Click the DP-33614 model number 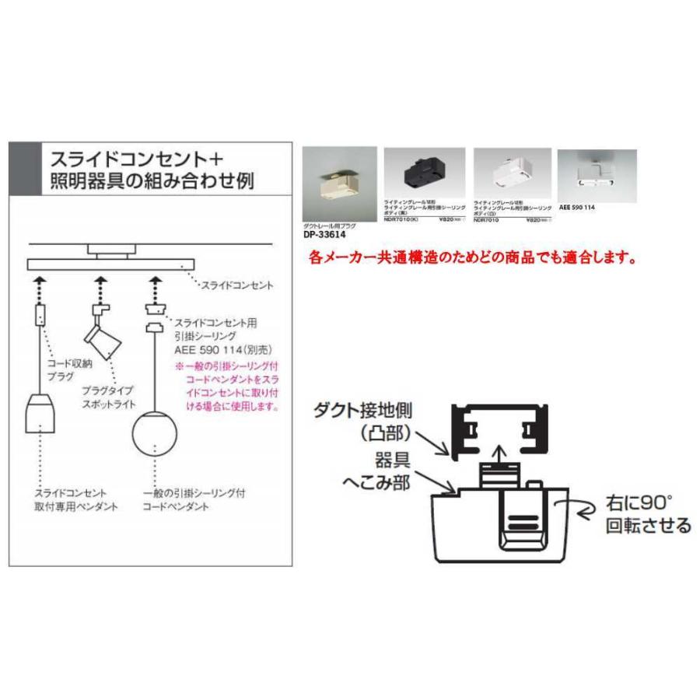pyautogui.click(x=324, y=233)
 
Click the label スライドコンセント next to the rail pyautogui.click(x=237, y=285)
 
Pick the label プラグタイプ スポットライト pyautogui.click(x=109, y=397)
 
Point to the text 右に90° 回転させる pyautogui.click(x=647, y=514)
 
